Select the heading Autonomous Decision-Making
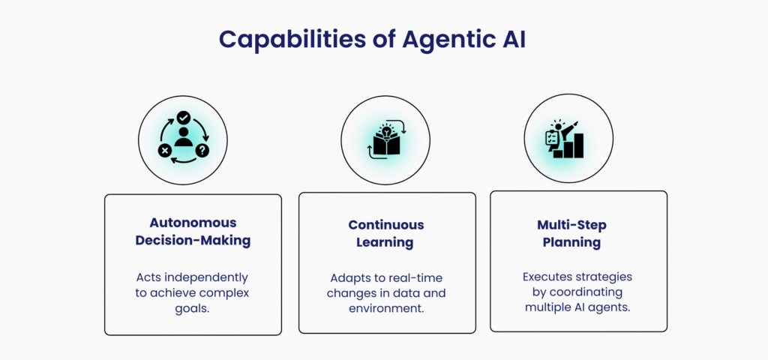(x=193, y=232)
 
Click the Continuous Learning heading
(x=386, y=233)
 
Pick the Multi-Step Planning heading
(x=571, y=233)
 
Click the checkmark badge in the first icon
(x=183, y=118)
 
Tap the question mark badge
(x=202, y=150)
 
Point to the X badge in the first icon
(x=164, y=150)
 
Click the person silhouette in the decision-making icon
(x=183, y=137)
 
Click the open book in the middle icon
(x=385, y=145)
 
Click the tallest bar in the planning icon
(x=579, y=145)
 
